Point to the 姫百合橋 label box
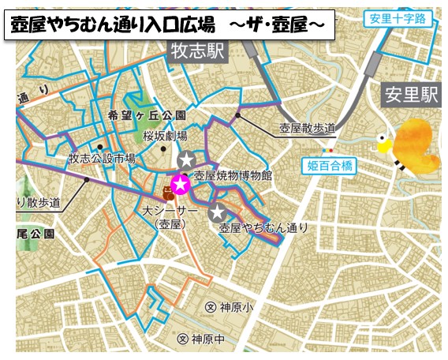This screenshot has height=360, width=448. coord(330,165)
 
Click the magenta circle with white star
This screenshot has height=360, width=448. coord(181,185)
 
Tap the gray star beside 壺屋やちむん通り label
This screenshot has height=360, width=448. coord(217,211)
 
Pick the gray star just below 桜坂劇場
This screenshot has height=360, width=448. coord(186,160)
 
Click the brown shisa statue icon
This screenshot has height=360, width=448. coord(168,193)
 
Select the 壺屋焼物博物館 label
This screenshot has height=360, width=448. coord(233,176)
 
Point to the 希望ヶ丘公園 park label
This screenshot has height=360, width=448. coord(146,115)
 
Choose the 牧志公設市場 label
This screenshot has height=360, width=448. coord(102,159)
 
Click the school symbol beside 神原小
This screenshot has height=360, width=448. coord(209,307)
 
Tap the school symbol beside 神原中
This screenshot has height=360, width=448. coord(184,339)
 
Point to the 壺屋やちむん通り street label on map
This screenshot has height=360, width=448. coord(263,228)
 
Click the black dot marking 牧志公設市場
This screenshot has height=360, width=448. coord(101,147)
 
